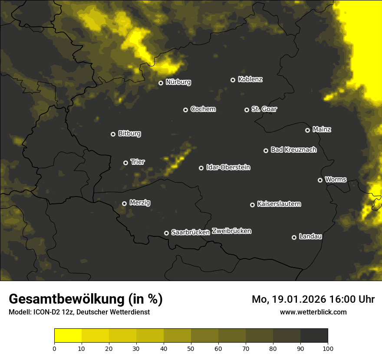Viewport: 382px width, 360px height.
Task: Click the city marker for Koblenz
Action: tap(233, 80)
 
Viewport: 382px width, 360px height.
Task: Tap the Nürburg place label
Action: tap(178, 82)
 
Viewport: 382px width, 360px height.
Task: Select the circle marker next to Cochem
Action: tap(185, 110)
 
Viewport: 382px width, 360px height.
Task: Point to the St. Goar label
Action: tap(264, 109)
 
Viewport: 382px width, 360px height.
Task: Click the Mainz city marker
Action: tap(307, 130)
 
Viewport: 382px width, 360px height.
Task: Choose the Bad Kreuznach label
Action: tap(293, 150)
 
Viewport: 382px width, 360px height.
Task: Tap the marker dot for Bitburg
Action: tap(113, 134)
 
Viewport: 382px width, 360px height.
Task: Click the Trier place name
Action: tap(138, 162)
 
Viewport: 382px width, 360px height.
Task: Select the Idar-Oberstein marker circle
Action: tap(201, 168)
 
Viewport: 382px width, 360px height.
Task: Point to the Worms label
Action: tap(336, 179)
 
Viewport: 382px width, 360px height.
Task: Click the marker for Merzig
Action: tap(124, 203)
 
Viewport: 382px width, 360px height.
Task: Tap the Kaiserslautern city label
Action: tap(279, 204)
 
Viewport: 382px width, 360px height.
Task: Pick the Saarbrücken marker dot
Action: tap(166, 233)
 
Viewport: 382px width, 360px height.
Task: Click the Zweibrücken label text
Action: tap(231, 231)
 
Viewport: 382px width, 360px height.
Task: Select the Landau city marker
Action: tap(294, 237)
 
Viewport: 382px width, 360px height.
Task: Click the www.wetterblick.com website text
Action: tap(313, 312)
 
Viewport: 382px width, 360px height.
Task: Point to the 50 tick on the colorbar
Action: tap(191, 348)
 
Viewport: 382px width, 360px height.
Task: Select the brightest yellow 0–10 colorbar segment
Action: tap(68, 336)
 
